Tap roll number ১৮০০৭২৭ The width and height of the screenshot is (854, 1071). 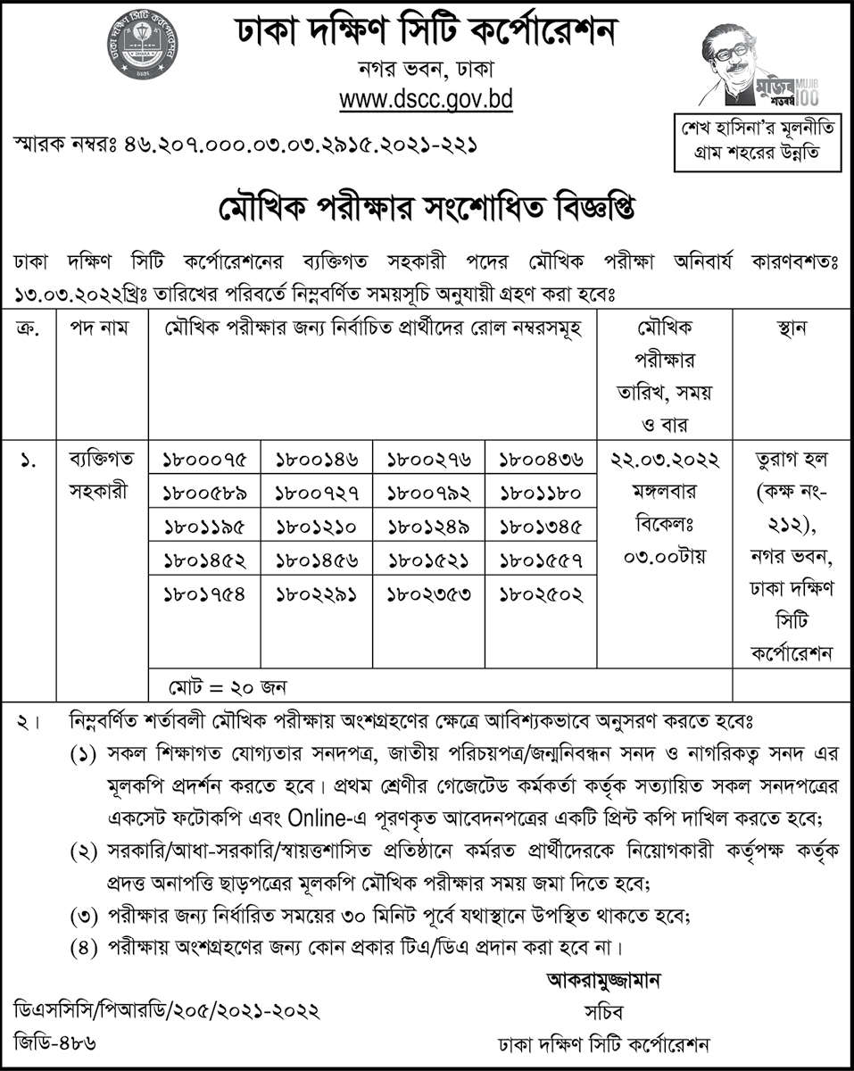pos(317,494)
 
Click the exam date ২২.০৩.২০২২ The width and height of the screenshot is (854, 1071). pos(666,461)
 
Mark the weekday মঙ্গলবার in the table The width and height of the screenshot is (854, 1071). pos(666,492)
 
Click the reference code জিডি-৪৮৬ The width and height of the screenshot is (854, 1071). pos(55,1042)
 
